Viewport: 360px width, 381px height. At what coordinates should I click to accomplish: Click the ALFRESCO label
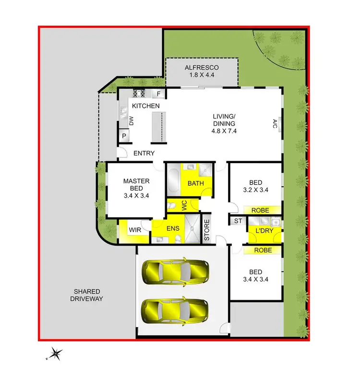click(x=202, y=68)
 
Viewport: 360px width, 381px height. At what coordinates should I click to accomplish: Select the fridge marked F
click(x=158, y=93)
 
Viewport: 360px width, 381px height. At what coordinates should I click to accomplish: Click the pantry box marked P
click(x=124, y=136)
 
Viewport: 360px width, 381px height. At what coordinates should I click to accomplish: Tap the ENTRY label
click(x=144, y=153)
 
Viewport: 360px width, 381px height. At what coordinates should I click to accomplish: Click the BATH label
click(x=196, y=183)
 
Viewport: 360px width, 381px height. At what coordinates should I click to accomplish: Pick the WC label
click(x=184, y=205)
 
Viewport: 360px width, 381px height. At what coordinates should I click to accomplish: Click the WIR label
click(x=135, y=230)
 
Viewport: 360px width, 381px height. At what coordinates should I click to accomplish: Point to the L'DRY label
click(x=263, y=231)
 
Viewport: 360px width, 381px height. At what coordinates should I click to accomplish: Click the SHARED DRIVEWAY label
click(x=87, y=295)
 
